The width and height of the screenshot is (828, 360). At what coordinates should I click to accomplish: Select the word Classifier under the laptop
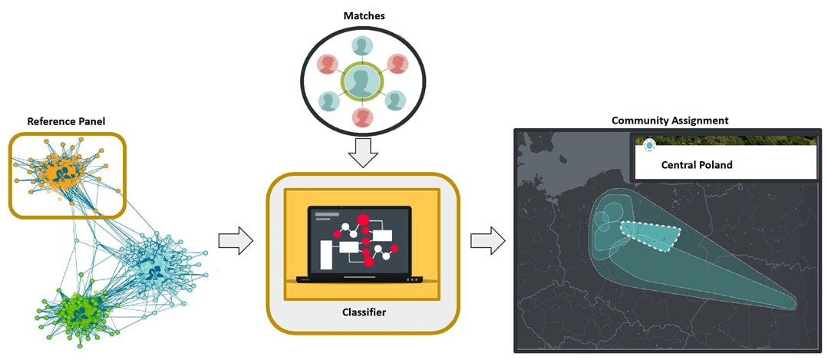click(364, 312)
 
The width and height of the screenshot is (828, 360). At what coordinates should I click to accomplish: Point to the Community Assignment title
click(670, 121)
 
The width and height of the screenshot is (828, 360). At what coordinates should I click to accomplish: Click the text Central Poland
click(697, 165)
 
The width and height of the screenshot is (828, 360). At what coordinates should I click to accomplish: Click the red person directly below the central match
click(363, 117)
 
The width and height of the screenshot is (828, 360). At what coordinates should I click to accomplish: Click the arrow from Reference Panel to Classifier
click(234, 239)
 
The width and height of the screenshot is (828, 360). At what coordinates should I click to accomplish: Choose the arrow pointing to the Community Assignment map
click(487, 239)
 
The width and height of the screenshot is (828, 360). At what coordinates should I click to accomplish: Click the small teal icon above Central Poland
click(650, 144)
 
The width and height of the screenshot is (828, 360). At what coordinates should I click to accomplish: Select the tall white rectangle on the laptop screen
click(326, 254)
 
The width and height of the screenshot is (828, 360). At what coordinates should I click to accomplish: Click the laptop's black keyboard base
click(359, 278)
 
